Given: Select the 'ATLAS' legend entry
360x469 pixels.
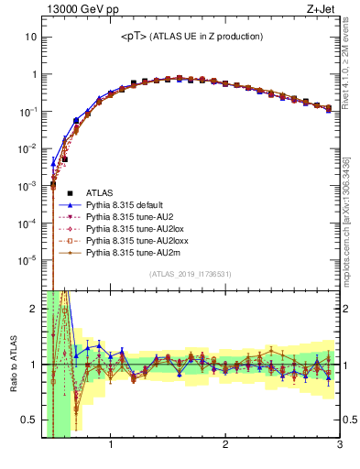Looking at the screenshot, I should (x=100, y=192).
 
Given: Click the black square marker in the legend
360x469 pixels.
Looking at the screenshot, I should (x=70, y=192).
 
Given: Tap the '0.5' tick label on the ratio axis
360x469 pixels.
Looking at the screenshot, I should (x=28, y=420).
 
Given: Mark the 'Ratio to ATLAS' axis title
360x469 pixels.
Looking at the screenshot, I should (x=11, y=366).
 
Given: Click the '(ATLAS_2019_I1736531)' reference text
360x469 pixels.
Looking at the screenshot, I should (x=191, y=274).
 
